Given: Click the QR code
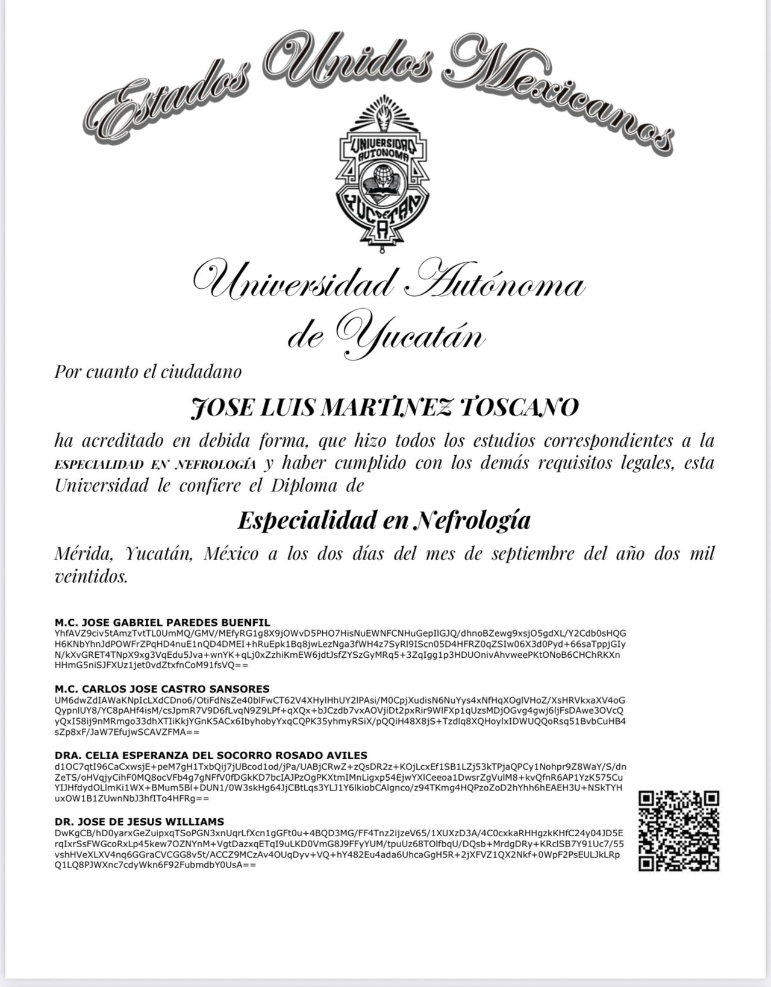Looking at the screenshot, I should [679, 831].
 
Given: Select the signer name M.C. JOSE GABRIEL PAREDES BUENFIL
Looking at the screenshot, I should [162, 622].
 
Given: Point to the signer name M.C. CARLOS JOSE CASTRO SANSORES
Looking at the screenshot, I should [162, 689].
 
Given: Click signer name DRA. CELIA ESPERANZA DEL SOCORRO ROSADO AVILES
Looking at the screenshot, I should [211, 755].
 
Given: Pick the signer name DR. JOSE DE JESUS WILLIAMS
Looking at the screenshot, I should [139, 821].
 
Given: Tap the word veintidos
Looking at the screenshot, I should [91, 577].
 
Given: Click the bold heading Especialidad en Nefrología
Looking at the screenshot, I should [384, 520].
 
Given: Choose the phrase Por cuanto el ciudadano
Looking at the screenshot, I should [148, 371].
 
